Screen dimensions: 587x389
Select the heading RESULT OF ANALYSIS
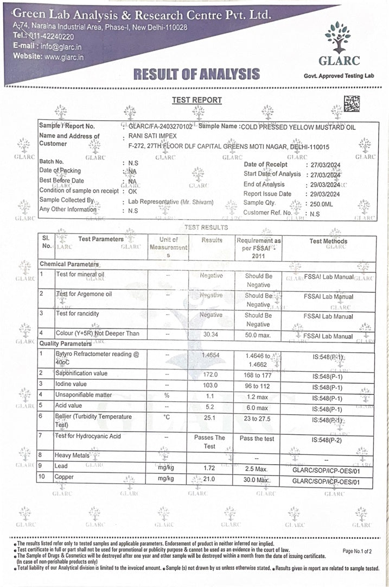[x=196, y=74]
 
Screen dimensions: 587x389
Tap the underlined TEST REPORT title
[x=197, y=100]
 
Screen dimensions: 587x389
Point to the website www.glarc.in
[x=63, y=56]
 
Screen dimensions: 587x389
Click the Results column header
[x=212, y=240]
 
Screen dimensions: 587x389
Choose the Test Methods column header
[x=328, y=241]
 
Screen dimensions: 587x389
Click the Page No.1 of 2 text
[x=358, y=551]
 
